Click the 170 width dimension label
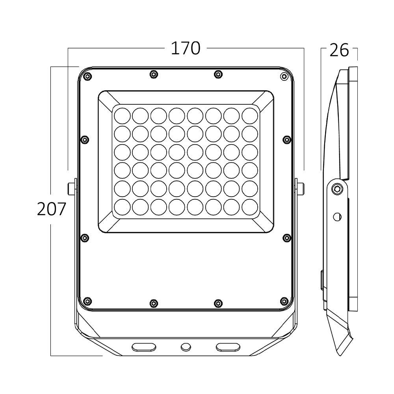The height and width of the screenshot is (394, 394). coord(186,48)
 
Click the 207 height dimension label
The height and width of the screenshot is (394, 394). coord(52,209)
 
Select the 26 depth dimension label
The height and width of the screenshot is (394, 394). coord(339,50)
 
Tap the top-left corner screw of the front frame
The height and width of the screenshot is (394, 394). coord(87,76)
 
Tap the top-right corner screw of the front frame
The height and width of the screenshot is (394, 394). coord(284,76)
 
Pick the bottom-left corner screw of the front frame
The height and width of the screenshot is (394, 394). coord(87,301)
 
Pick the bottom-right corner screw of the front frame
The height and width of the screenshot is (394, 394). coord(284,301)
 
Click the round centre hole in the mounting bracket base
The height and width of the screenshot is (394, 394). coord(186,347)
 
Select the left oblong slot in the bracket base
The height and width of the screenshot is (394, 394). coord(144,347)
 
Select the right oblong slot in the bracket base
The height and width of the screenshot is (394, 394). coord(228,347)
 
